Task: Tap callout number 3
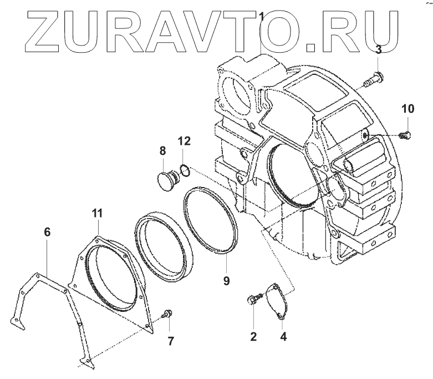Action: point(378,50)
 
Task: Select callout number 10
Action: point(407,109)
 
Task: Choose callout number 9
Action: point(226,281)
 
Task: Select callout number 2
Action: point(253,336)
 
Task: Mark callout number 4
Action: point(283,336)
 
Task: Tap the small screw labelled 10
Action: point(405,134)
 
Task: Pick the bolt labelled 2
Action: point(252,300)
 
